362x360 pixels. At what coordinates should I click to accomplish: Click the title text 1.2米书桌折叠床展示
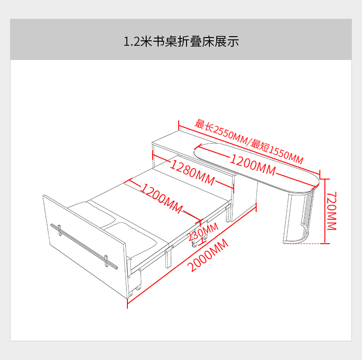[x=181, y=42]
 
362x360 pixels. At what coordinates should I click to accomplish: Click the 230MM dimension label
[x=203, y=231]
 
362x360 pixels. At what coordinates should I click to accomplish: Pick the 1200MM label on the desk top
[x=252, y=165]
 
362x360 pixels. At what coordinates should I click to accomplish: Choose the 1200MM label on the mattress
[x=161, y=198]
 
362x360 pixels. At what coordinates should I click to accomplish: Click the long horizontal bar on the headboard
[x=82, y=242]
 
